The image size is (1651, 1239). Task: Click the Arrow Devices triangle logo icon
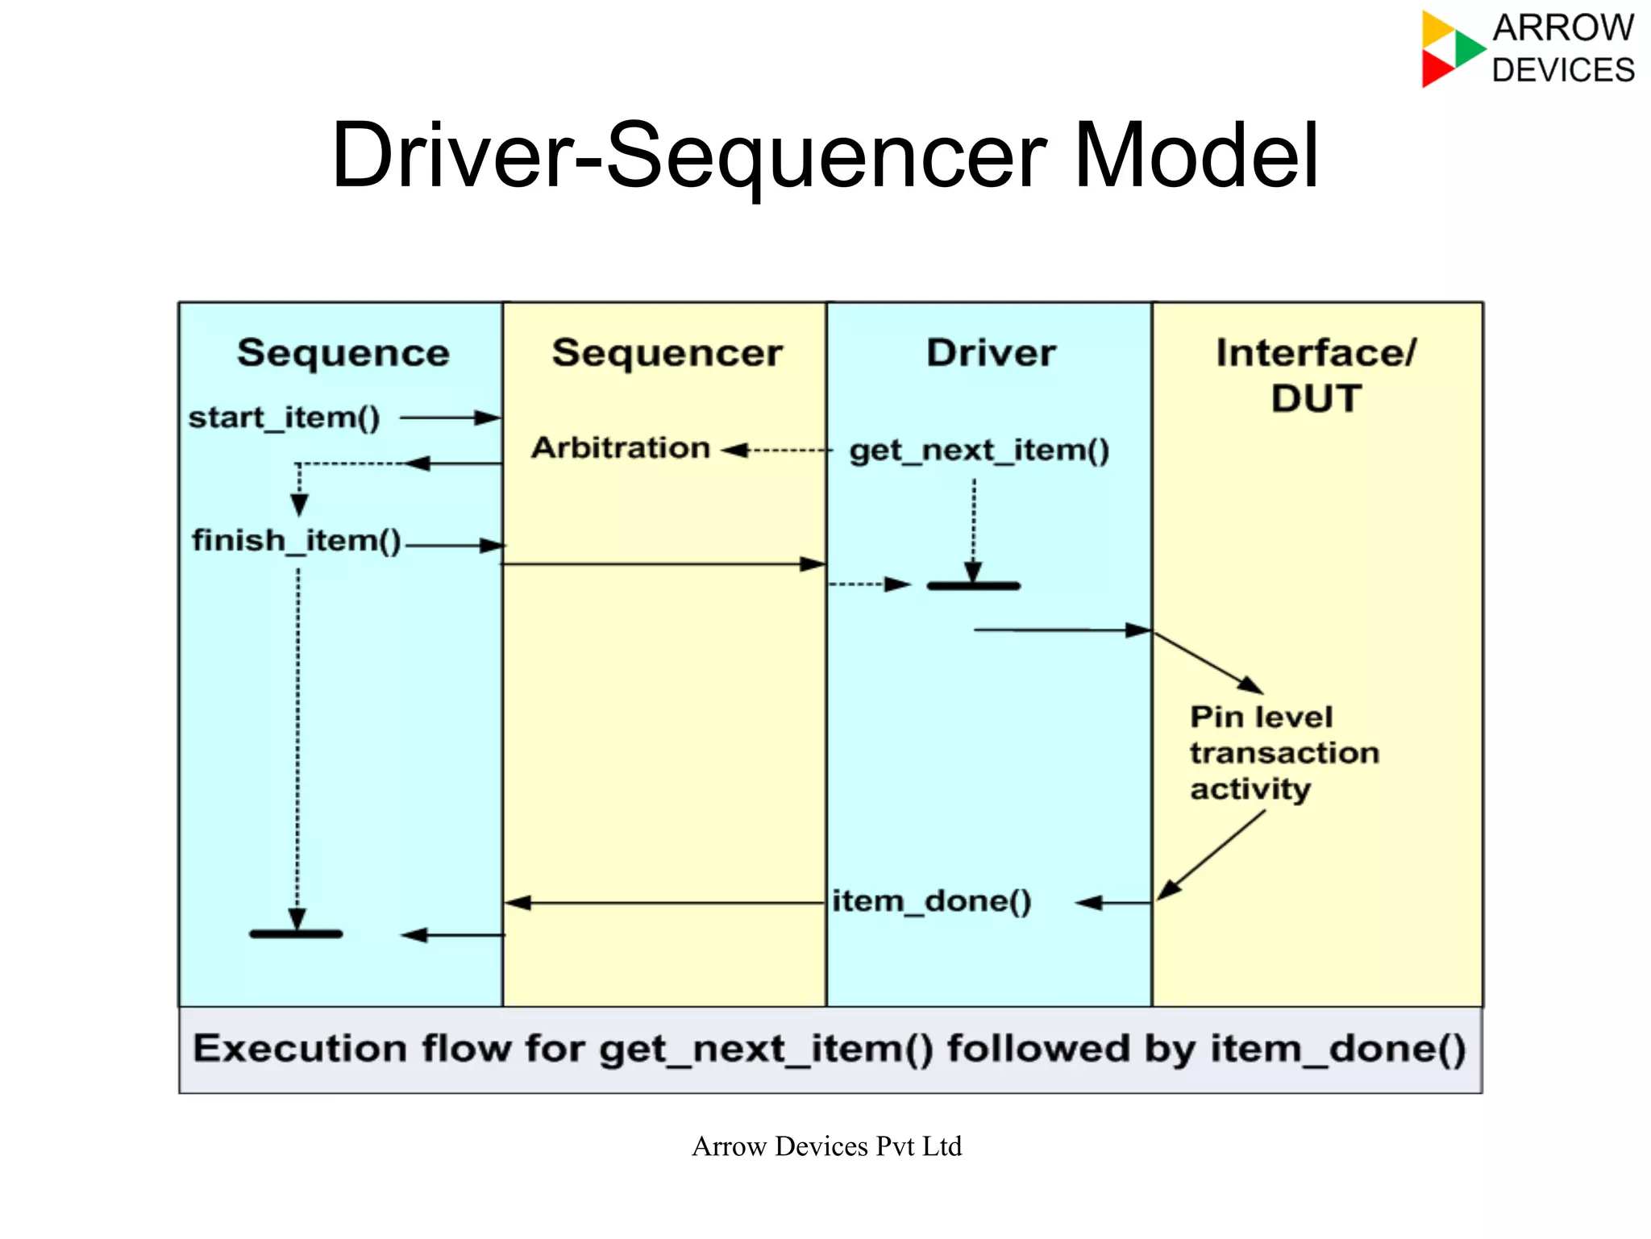[1450, 48]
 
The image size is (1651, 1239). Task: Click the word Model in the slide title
[1196, 155]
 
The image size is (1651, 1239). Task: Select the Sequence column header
[343, 353]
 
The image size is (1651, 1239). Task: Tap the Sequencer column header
[667, 353]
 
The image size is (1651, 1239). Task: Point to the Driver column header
[991, 353]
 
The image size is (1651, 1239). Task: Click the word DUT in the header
[1316, 398]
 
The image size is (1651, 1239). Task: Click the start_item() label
[284, 418]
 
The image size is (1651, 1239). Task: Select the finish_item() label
[296, 540]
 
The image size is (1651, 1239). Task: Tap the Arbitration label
[620, 447]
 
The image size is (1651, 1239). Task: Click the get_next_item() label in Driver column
[979, 450]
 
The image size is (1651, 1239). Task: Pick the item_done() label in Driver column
[931, 901]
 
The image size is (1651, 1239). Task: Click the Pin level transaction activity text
[1283, 753]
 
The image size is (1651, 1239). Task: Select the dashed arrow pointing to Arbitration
[776, 450]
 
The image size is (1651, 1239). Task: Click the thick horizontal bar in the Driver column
[973, 586]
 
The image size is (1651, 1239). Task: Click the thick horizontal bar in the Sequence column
[296, 933]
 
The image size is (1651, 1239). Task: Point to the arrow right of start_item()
[450, 418]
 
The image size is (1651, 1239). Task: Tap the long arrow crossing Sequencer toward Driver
[663, 564]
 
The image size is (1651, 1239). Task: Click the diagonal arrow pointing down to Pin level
[1208, 663]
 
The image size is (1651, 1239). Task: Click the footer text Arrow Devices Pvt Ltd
[826, 1145]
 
